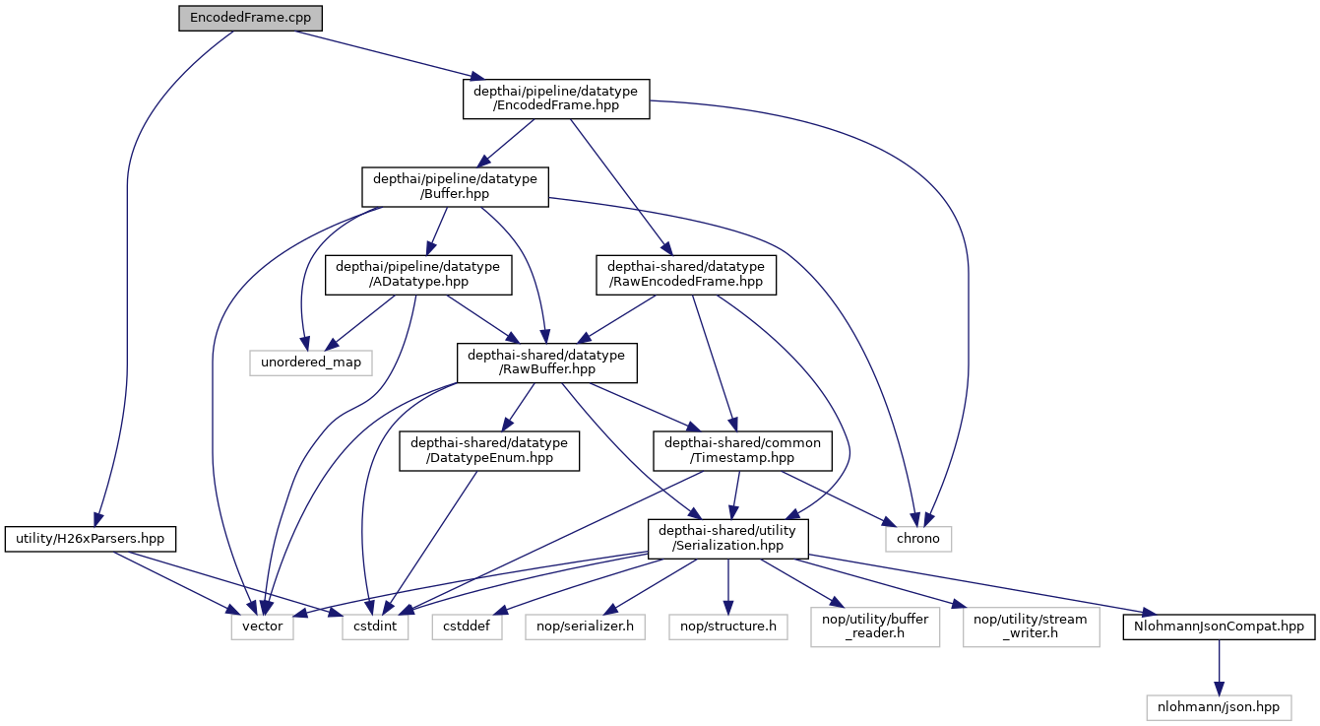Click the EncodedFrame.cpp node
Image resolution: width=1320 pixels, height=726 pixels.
coord(251,19)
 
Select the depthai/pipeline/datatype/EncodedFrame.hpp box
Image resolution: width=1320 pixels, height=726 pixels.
coord(556,99)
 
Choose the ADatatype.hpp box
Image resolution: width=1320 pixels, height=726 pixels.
coord(418,274)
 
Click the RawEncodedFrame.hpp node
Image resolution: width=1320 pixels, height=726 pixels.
coord(685,274)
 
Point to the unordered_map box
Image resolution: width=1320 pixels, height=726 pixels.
coord(311,363)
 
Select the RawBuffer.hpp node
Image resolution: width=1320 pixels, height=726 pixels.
coord(546,363)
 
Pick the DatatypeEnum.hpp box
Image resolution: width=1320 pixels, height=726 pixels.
coord(488,451)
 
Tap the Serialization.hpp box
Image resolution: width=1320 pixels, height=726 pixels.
coord(727,539)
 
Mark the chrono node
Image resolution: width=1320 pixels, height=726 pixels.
coord(918,539)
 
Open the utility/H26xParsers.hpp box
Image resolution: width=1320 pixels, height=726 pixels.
coord(91,539)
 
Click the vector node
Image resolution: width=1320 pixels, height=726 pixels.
coord(262,627)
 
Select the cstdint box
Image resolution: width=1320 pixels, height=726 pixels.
coord(375,627)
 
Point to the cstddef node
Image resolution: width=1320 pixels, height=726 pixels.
coord(467,627)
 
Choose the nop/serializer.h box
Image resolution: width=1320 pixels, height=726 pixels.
coord(586,627)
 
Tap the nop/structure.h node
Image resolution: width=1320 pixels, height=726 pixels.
coord(727,627)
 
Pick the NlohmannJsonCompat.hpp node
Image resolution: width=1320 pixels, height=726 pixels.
coord(1219,627)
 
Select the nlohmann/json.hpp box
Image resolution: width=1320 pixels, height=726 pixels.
coord(1219,706)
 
